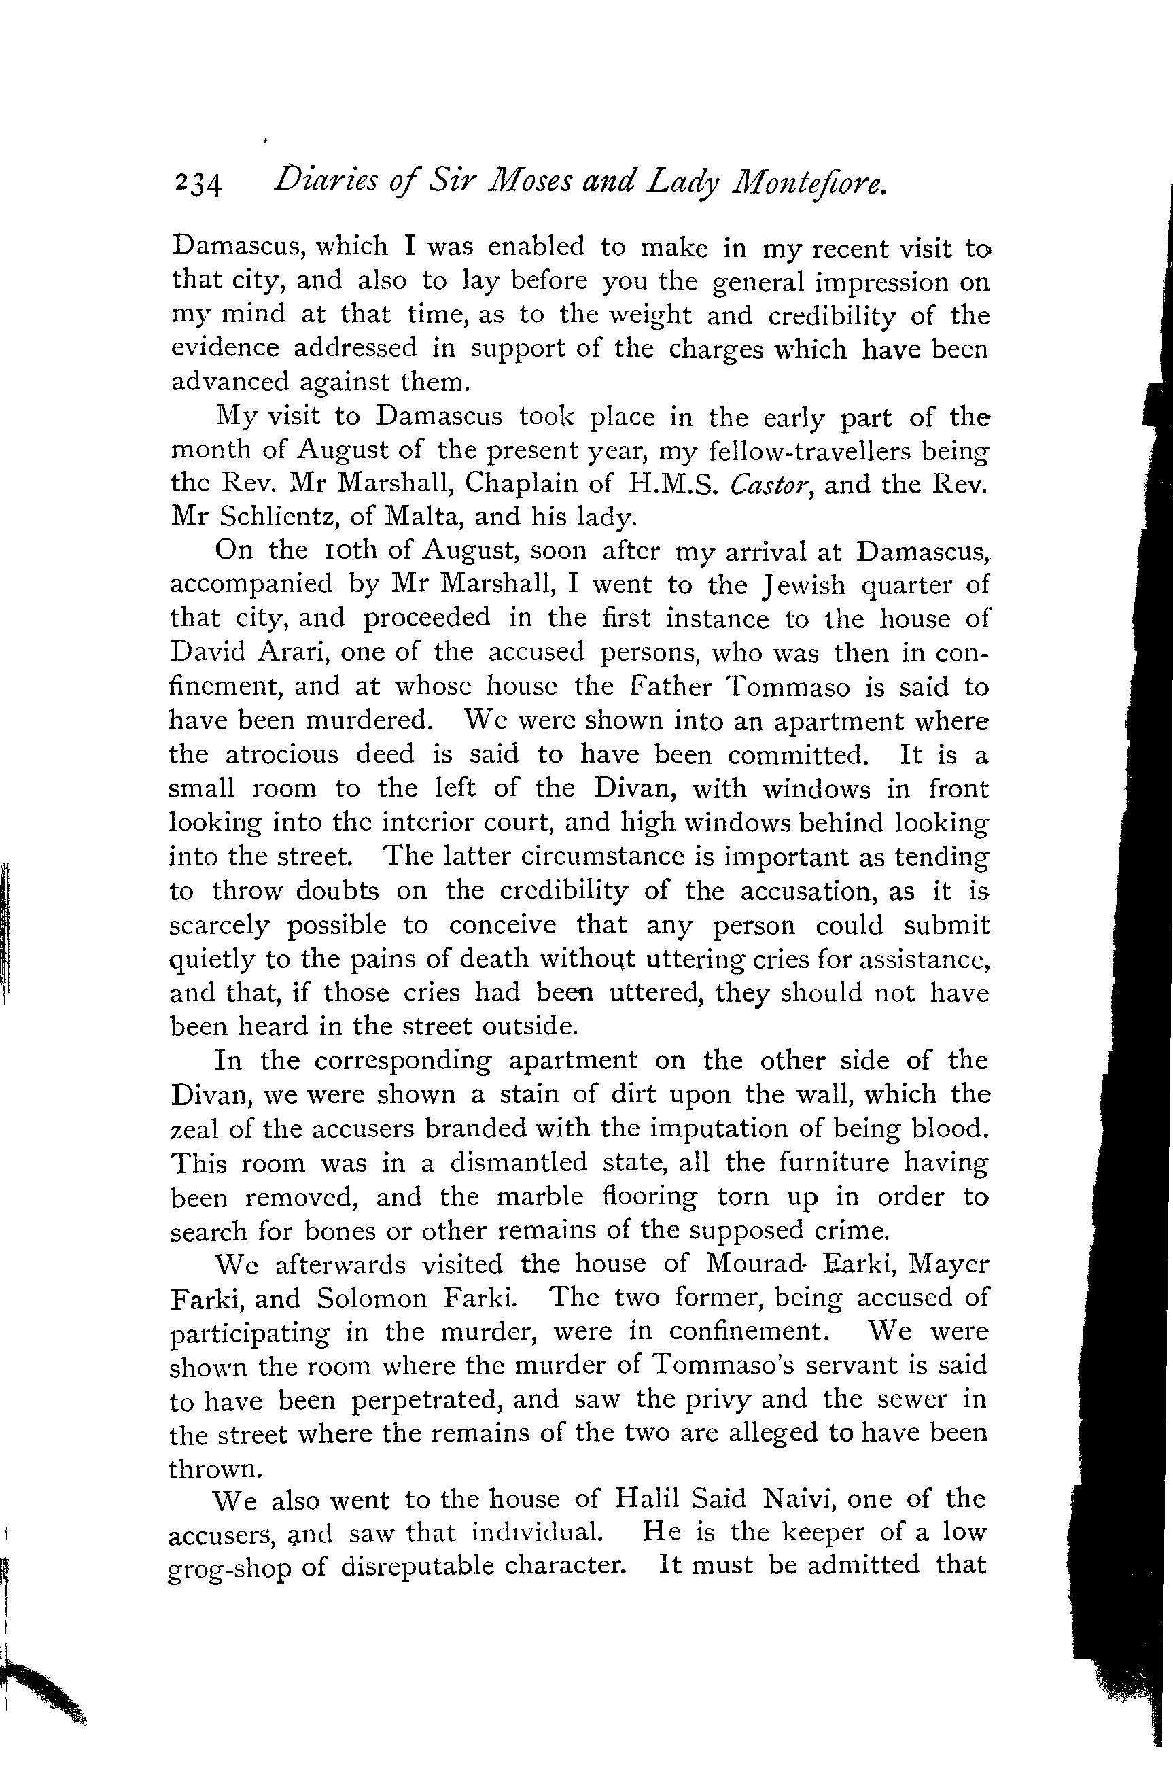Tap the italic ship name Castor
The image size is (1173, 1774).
pos(771,485)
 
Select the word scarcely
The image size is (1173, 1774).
pos(218,926)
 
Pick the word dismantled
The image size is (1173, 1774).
pos(519,1163)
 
